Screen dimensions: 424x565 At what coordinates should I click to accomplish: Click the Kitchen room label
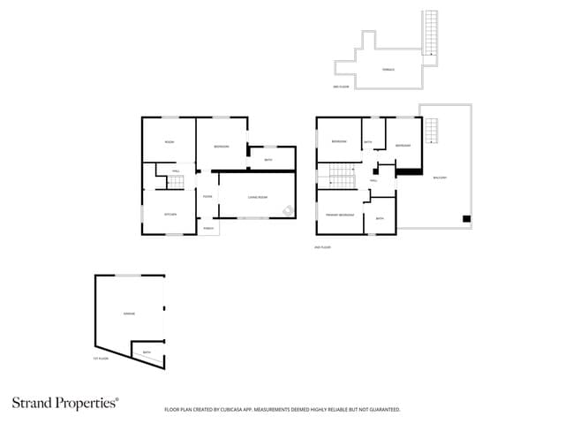click(170, 215)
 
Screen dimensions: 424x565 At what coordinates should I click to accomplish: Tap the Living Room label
click(257, 197)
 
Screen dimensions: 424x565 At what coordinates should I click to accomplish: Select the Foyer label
click(207, 197)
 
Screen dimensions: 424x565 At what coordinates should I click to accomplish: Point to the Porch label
click(208, 228)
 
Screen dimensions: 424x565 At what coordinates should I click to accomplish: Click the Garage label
click(128, 314)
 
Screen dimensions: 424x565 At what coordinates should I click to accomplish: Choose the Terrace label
click(388, 69)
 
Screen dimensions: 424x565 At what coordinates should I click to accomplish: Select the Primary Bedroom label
click(340, 215)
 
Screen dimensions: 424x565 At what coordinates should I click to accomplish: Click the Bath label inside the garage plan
click(147, 353)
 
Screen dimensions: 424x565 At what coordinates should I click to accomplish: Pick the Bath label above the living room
click(268, 160)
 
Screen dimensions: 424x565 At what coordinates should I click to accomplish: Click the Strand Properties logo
click(64, 403)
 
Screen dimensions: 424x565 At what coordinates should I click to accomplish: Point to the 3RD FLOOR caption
click(342, 87)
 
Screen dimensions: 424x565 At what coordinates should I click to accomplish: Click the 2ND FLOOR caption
click(323, 247)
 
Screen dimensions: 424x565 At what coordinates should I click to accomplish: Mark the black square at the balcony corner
click(467, 218)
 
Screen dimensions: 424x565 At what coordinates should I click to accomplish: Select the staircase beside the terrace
click(431, 34)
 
